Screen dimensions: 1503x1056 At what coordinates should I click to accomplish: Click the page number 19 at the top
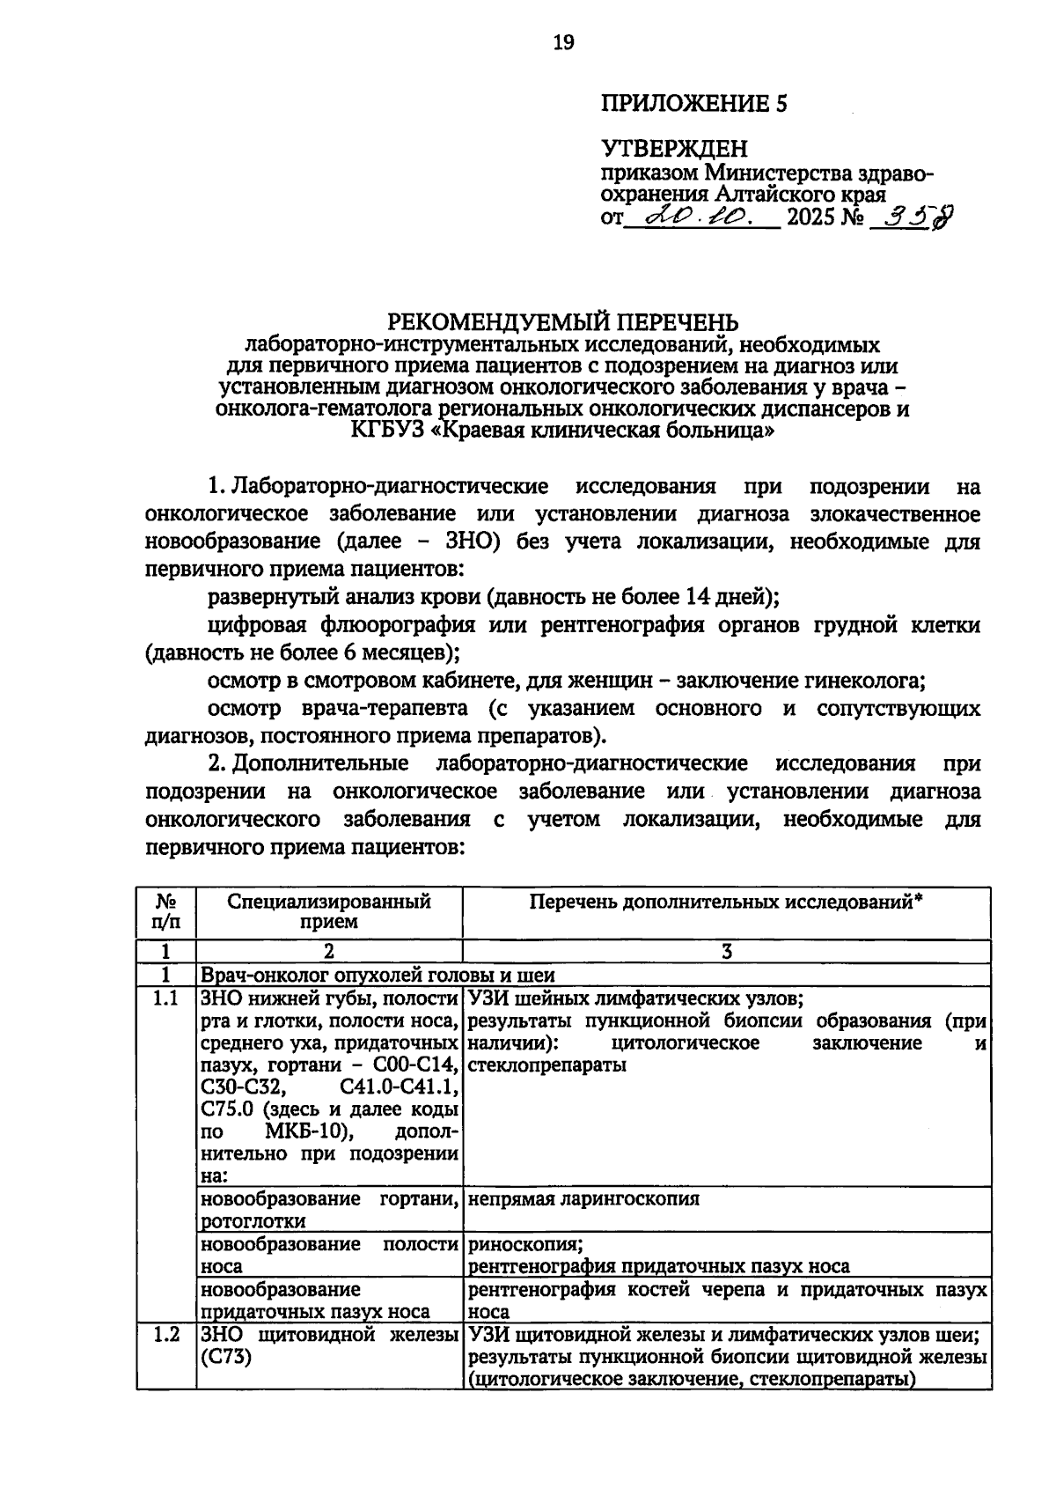(x=563, y=42)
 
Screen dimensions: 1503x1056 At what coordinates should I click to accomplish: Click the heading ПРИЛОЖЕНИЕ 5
(x=693, y=105)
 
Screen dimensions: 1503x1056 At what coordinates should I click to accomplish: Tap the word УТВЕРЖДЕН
(x=674, y=148)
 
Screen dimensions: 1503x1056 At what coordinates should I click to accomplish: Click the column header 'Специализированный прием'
(x=329, y=911)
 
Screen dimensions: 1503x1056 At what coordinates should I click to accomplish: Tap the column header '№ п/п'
(x=165, y=911)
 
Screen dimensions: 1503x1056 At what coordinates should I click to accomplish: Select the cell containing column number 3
(x=726, y=952)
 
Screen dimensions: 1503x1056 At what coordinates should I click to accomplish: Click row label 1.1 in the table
(x=165, y=998)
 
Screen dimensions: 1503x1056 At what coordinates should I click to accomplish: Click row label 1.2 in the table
(x=165, y=1335)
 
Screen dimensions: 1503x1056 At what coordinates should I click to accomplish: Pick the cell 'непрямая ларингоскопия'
(x=583, y=1198)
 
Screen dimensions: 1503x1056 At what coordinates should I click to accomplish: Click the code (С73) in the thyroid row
(x=226, y=1358)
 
